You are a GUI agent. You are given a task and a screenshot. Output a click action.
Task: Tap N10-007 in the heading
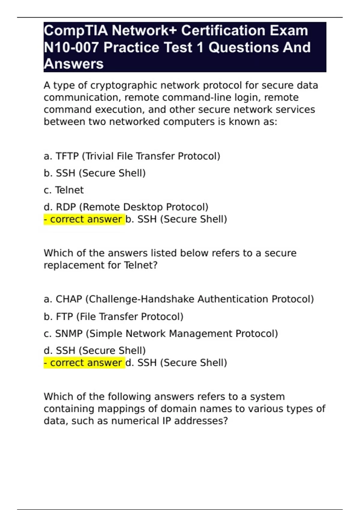(71, 47)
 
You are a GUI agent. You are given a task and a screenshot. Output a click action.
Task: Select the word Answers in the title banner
(73, 64)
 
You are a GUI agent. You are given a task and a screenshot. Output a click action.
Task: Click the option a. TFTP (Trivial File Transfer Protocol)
(132, 156)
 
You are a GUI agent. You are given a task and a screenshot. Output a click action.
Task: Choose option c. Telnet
(64, 190)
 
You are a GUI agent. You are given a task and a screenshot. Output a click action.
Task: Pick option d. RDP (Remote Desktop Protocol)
(126, 207)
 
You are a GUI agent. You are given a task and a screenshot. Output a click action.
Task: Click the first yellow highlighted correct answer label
(84, 219)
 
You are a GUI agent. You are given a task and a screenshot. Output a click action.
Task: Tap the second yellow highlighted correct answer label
(84, 363)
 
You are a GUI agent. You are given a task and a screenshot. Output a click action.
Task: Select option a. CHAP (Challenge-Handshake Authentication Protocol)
(179, 299)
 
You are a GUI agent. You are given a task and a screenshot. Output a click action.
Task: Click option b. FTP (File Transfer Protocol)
(113, 316)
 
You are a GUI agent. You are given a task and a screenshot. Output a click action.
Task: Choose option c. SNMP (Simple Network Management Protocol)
(161, 334)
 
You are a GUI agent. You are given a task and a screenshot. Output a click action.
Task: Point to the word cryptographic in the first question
(124, 86)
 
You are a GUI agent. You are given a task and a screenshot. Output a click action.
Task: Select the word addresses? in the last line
(201, 421)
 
